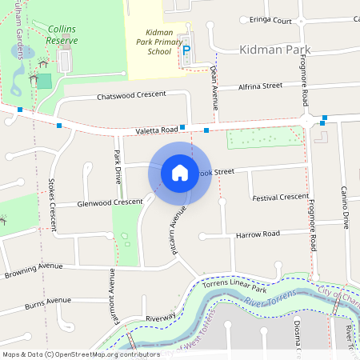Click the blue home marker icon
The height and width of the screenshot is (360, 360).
tap(179, 173)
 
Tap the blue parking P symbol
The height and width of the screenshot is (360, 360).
tap(187, 50)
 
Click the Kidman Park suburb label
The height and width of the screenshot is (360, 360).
tap(274, 50)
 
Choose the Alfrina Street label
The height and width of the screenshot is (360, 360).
tap(261, 86)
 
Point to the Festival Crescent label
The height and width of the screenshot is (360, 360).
tap(280, 197)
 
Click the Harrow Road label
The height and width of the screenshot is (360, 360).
tap(258, 234)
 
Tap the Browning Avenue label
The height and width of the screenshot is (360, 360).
tap(33, 266)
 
